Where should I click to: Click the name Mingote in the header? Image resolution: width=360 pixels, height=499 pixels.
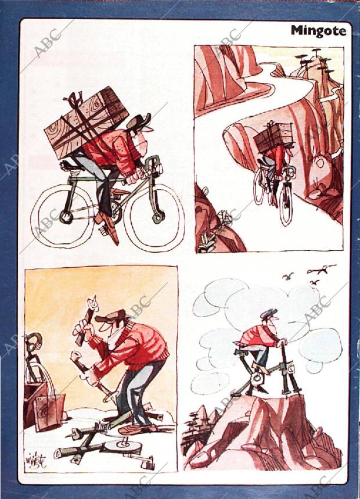(318, 31)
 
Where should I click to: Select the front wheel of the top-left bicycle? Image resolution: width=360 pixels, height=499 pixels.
(154, 218)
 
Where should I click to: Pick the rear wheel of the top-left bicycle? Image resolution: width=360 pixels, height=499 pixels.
(63, 216)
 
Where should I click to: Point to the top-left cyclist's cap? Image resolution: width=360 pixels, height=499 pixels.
(139, 123)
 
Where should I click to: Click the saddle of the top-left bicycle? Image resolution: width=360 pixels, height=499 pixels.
(69, 165)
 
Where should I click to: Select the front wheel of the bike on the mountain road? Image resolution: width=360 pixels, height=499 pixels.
(286, 203)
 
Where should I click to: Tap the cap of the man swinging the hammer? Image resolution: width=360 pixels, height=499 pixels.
(111, 317)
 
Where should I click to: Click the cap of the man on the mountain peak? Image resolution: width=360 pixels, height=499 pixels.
(268, 314)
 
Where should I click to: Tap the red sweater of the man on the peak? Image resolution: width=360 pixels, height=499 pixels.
(258, 337)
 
